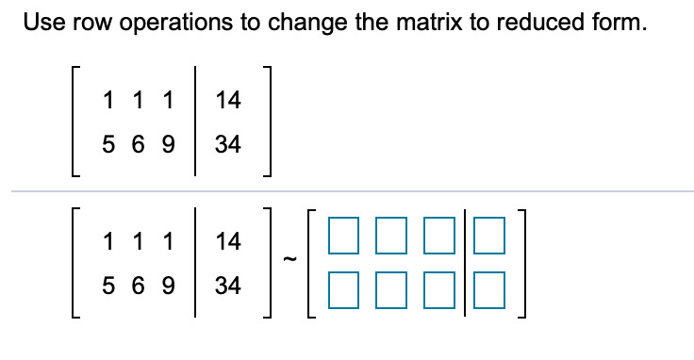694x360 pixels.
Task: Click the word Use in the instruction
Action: (x=42, y=24)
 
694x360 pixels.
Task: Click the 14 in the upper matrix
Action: (x=228, y=99)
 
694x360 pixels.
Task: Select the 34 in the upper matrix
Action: (x=228, y=145)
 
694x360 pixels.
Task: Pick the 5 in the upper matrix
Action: (x=109, y=145)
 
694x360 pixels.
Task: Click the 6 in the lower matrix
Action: (x=139, y=286)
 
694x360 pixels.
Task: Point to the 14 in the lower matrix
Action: (x=228, y=240)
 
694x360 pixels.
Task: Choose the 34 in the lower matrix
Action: (x=228, y=286)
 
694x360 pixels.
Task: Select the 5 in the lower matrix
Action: (x=109, y=286)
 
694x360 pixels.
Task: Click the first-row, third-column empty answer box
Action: (x=439, y=240)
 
